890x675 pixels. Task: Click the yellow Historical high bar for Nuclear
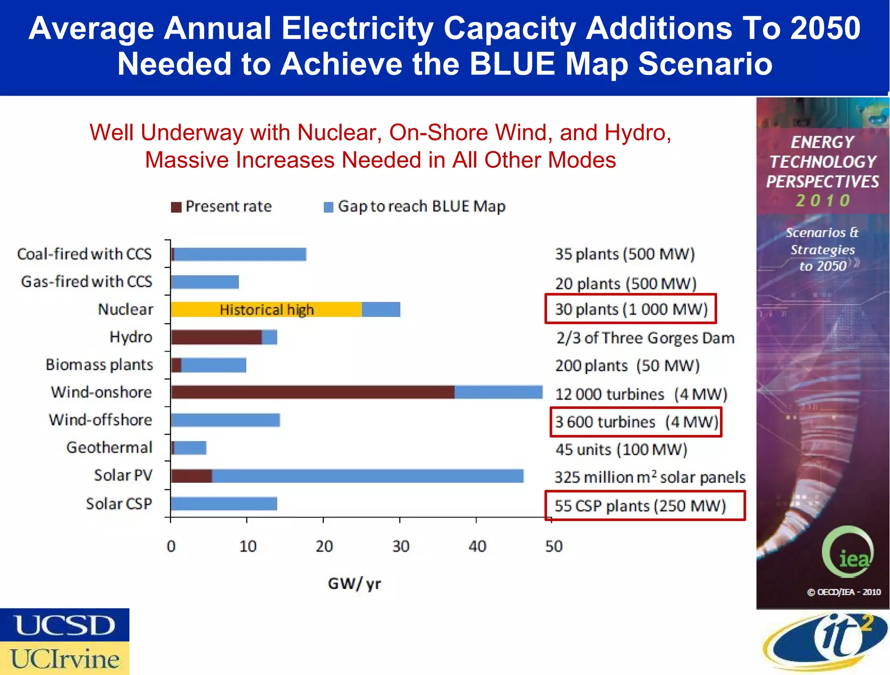[x=266, y=309]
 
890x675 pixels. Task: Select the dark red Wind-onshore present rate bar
[x=312, y=392]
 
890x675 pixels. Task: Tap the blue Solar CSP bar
[x=224, y=504]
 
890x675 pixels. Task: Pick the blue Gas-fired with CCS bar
[x=205, y=282]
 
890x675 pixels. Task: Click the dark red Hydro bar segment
[x=216, y=337]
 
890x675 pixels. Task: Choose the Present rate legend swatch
[x=176, y=207]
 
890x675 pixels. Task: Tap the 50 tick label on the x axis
[x=554, y=546]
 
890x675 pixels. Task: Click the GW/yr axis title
[x=354, y=583]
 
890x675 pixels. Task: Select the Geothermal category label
[x=109, y=447]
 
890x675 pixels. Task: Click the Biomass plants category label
[x=100, y=365]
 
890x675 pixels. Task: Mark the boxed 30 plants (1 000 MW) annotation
[x=631, y=309]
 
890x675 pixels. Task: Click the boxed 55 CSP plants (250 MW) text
[x=640, y=506]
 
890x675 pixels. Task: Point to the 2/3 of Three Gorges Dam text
[x=645, y=338]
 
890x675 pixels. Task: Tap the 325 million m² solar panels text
[x=650, y=477]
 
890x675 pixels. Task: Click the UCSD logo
[x=64, y=625]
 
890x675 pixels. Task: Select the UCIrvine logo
[x=64, y=658]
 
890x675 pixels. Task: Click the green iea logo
[x=847, y=552]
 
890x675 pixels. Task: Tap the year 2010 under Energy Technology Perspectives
[x=822, y=200]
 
